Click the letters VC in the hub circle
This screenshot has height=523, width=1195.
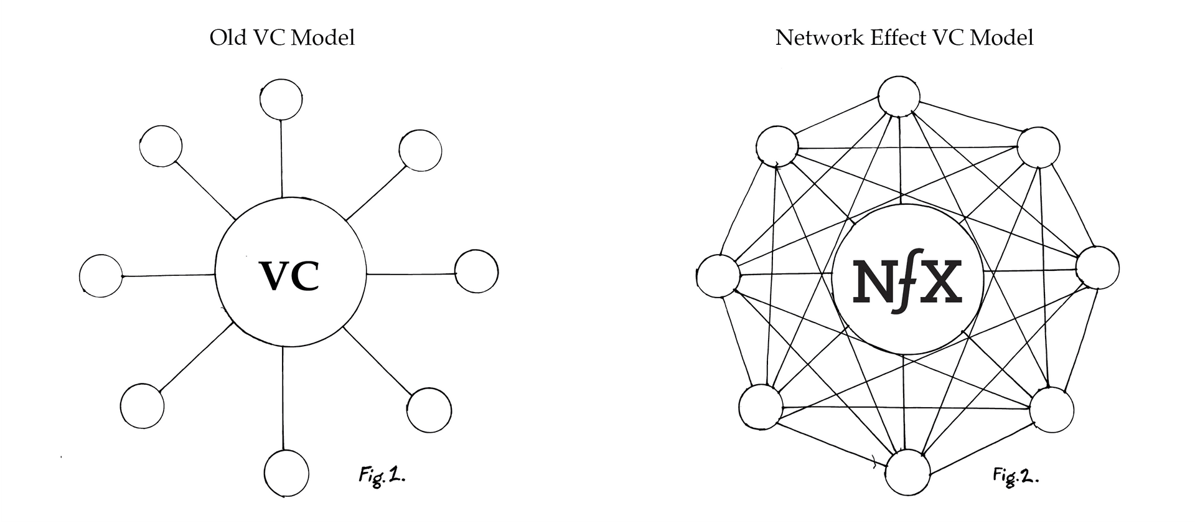pyautogui.click(x=289, y=276)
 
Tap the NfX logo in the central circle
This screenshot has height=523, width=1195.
pyautogui.click(x=907, y=281)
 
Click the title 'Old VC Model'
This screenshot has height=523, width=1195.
pyautogui.click(x=282, y=38)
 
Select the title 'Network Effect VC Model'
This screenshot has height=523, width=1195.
pyautogui.click(x=904, y=38)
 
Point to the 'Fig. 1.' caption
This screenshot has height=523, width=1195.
pyautogui.click(x=382, y=476)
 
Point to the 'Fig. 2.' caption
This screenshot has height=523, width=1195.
pyautogui.click(x=1016, y=477)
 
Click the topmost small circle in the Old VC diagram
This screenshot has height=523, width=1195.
pyautogui.click(x=281, y=99)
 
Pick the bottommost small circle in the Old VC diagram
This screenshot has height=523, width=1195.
pyautogui.click(x=286, y=473)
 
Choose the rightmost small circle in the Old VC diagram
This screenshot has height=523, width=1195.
pyautogui.click(x=477, y=271)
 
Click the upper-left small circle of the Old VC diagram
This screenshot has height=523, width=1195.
pyautogui.click(x=161, y=146)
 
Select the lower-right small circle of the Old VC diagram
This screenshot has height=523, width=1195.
pyautogui.click(x=429, y=410)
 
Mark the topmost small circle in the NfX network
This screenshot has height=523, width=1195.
pyautogui.click(x=899, y=97)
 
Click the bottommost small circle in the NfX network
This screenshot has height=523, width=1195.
pyautogui.click(x=907, y=473)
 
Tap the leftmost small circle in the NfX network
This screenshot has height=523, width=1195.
pyautogui.click(x=718, y=276)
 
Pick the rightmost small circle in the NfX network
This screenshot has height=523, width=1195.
pyautogui.click(x=1097, y=268)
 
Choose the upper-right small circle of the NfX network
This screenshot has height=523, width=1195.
pyautogui.click(x=1038, y=147)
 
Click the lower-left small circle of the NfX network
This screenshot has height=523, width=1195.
pyautogui.click(x=761, y=407)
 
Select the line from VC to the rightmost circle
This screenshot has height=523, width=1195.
pyautogui.click(x=411, y=274)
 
